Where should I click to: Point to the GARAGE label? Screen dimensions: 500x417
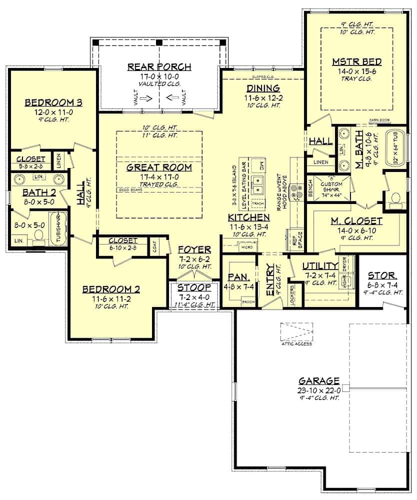click(x=319, y=380)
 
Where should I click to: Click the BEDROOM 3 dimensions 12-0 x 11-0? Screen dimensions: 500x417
click(x=53, y=112)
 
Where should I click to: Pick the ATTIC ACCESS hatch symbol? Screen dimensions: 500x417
click(x=296, y=331)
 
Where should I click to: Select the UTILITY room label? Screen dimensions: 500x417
click(x=320, y=265)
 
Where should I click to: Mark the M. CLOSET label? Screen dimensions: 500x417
click(x=356, y=220)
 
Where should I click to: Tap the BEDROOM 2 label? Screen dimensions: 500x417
click(x=110, y=289)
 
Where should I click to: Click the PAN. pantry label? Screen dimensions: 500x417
click(x=235, y=276)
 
